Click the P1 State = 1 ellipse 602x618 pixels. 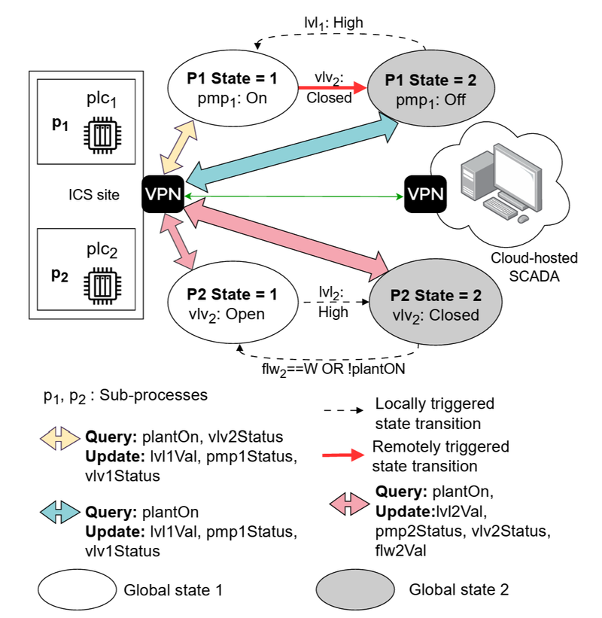click(x=233, y=88)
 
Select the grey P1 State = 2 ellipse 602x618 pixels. click(x=431, y=89)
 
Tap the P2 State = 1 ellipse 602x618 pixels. click(x=233, y=303)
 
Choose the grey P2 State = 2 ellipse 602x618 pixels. click(x=436, y=304)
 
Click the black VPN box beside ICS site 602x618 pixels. click(x=163, y=194)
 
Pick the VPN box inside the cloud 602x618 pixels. click(x=425, y=194)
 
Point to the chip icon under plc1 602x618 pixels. click(x=102, y=135)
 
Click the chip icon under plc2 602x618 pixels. click(x=102, y=286)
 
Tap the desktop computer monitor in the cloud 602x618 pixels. click(x=517, y=175)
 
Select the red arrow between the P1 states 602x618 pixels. click(x=333, y=87)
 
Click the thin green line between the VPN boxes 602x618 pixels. click(x=294, y=196)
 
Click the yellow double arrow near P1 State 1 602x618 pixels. click(x=178, y=147)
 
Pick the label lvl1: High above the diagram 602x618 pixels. click(x=333, y=23)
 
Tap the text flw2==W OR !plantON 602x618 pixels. click(x=333, y=370)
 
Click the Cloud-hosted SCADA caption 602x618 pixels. click(x=534, y=266)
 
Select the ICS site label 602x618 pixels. click(x=94, y=195)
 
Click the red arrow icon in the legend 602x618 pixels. click(x=343, y=455)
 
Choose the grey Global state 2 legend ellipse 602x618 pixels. click(x=355, y=589)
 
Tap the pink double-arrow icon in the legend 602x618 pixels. click(x=349, y=504)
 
